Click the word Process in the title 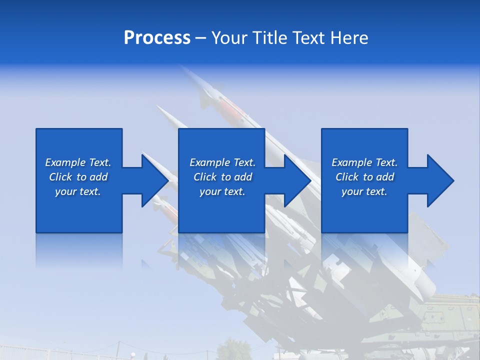157,37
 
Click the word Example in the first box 65,162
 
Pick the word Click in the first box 60,177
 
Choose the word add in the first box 99,177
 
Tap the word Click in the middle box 205,177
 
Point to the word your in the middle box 209,191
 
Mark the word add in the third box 385,177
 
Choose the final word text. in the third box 377,191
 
